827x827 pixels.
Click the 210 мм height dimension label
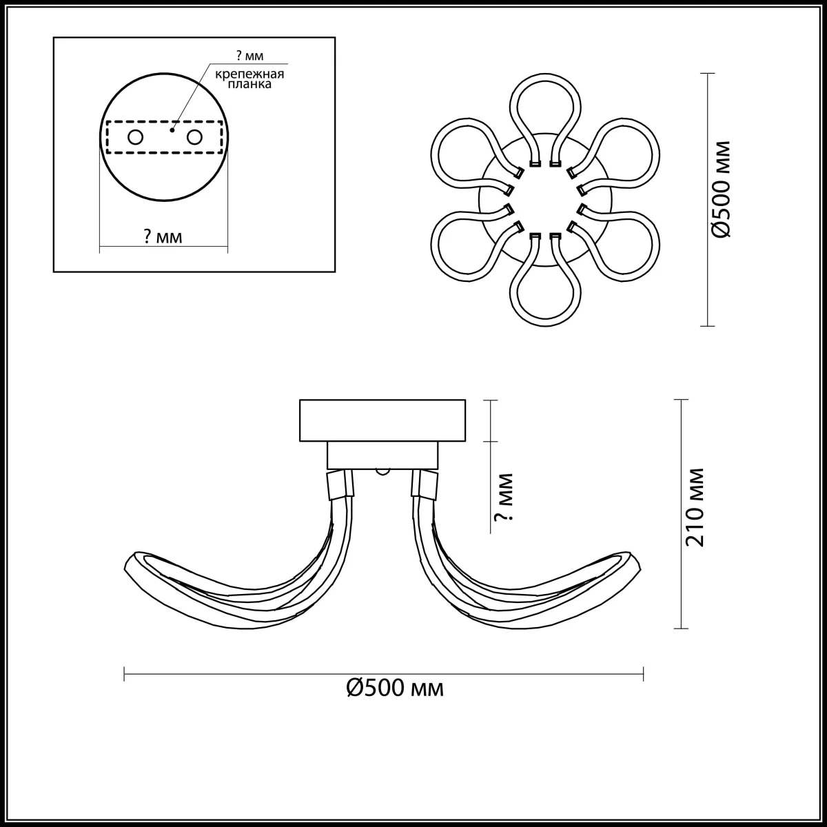tap(695, 508)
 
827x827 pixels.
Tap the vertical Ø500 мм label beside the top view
tap(721, 190)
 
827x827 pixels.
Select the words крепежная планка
tap(249, 79)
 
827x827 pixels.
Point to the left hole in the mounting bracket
tap(135, 137)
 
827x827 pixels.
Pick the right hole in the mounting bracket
tap(194, 137)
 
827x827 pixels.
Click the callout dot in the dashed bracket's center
tap(172, 130)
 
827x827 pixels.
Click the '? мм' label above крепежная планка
tap(249, 55)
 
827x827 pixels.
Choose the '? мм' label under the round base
tap(163, 236)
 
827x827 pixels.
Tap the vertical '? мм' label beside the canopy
tap(503, 497)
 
